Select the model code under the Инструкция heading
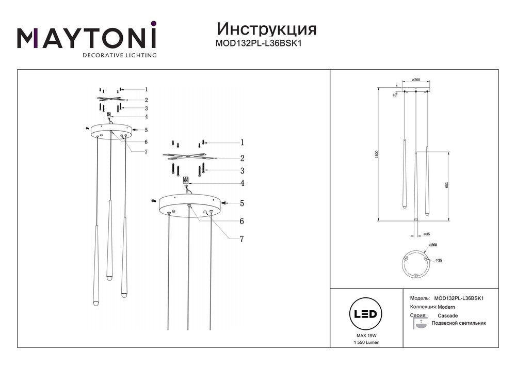pos(258,43)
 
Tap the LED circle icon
pos(366,314)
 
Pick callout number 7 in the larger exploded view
pos(241,239)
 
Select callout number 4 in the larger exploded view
pos(241,183)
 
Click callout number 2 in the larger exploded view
pos(241,158)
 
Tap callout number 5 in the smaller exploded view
pos(146,130)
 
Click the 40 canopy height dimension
pos(394,95)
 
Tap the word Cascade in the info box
pos(447,315)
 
